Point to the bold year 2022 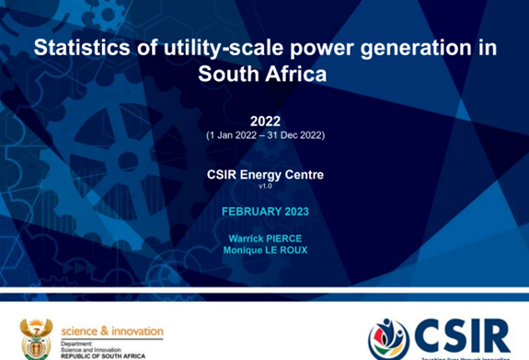(265, 122)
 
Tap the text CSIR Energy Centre (265, 173)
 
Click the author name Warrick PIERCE (265, 238)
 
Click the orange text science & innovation (112, 331)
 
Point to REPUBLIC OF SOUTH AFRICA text (104, 354)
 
